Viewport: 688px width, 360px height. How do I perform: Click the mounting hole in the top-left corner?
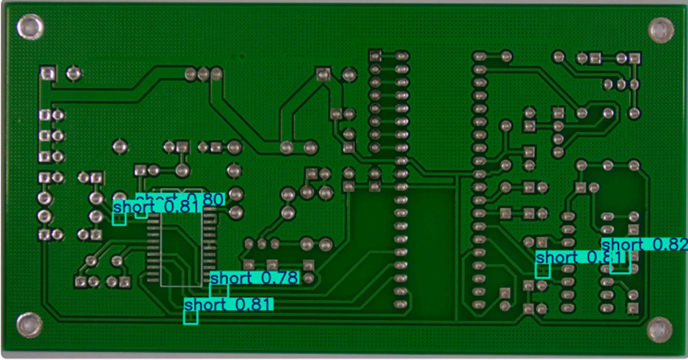tap(30, 29)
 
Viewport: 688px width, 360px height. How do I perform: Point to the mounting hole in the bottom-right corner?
tap(659, 328)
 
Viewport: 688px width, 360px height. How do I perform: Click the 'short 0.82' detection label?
tap(643, 244)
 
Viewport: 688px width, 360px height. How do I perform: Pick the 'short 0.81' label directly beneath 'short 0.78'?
tap(228, 304)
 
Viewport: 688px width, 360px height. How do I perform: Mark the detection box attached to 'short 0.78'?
tap(219, 291)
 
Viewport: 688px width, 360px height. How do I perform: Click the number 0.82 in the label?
tap(667, 244)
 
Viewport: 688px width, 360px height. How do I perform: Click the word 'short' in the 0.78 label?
tap(233, 279)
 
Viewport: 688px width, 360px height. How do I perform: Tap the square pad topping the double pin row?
tap(376, 56)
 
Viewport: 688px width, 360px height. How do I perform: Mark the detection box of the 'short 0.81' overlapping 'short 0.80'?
tap(119, 219)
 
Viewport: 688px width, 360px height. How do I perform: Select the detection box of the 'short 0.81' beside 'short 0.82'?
tap(543, 271)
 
